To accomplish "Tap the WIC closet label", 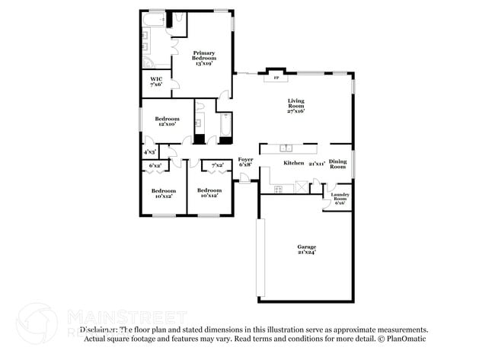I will point(156,81).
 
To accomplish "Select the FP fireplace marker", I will point(276,78).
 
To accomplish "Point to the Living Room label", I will point(295,105).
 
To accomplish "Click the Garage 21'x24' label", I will point(306,250).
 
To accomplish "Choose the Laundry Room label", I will point(339,199).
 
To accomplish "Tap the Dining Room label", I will point(337,164).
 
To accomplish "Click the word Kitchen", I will point(294,164).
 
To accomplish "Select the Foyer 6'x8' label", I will point(244,161).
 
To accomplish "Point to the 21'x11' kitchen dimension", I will point(317,164).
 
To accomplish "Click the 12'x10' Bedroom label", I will point(166,121).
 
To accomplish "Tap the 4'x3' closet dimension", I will point(150,153).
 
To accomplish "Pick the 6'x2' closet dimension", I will point(155,165).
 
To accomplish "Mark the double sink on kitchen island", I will point(288,148).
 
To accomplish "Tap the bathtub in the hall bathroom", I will point(225,127).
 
